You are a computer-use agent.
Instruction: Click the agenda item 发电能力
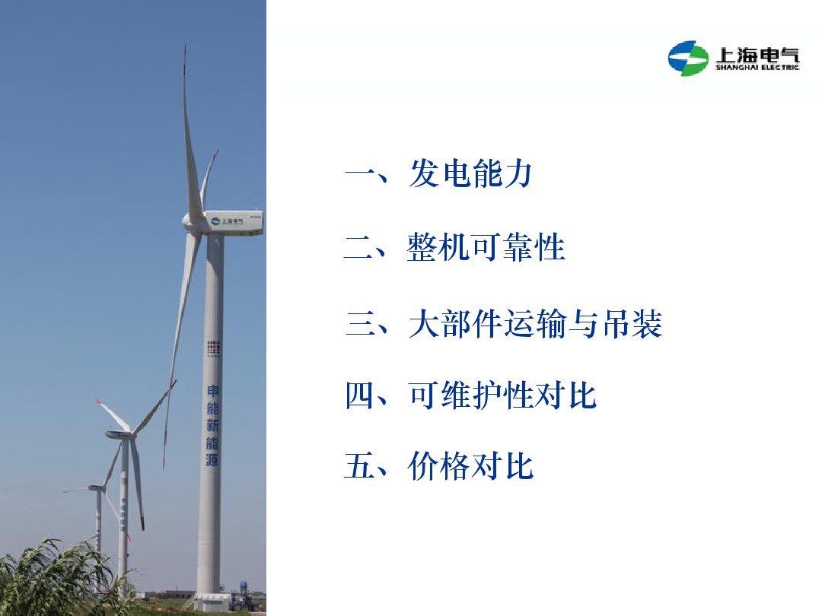pyautogui.click(x=470, y=175)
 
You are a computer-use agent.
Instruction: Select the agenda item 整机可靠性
pyautogui.click(x=486, y=249)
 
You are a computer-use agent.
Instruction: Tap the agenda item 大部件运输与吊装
pyautogui.click(x=535, y=324)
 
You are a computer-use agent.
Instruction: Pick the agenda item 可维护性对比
pyautogui.click(x=502, y=395)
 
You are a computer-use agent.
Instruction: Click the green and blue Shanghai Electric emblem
pyautogui.click(x=688, y=58)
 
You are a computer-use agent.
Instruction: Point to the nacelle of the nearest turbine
pyautogui.click(x=232, y=221)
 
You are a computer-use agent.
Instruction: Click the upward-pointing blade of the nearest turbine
pyautogui.click(x=188, y=137)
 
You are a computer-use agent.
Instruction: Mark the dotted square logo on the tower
pyautogui.click(x=214, y=348)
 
